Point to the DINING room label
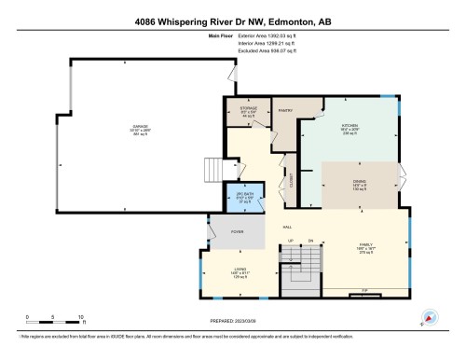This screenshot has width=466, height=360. (360, 184)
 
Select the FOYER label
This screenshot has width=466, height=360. (239, 229)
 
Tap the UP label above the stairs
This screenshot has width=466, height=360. (291, 241)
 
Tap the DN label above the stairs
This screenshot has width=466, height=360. (311, 241)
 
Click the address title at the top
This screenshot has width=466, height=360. (233, 21)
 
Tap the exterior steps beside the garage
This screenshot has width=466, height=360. (214, 170)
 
